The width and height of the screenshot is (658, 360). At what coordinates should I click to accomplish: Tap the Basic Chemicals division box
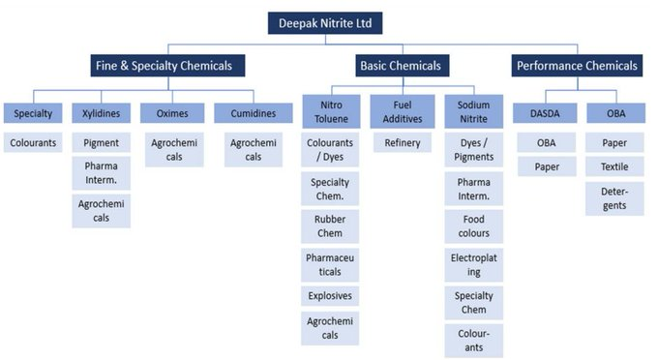400,66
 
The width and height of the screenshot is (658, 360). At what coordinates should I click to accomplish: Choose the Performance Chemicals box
577,66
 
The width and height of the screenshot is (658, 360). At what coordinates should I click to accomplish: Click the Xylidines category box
101,113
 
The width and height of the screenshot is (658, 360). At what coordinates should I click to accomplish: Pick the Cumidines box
245,113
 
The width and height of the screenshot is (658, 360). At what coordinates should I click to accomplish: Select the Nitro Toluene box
330,110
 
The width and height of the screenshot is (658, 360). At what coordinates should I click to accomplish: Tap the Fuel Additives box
401,110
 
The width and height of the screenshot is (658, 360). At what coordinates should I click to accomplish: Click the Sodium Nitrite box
473,110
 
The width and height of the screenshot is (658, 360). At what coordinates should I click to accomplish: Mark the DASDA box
547,113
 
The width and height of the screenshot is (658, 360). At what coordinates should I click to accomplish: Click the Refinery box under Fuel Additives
401,143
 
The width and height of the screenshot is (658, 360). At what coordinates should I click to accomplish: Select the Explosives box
330,295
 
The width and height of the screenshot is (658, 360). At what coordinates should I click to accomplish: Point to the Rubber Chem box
330,225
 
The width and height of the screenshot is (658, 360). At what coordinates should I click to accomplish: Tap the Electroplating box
473,264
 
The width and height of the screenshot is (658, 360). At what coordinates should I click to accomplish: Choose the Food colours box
473,226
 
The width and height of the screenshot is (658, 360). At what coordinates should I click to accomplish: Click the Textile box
614,166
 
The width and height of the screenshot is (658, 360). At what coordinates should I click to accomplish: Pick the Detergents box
614,197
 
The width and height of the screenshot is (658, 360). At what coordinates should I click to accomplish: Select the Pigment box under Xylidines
101,143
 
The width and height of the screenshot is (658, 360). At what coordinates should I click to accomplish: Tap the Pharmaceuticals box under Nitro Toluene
330,263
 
